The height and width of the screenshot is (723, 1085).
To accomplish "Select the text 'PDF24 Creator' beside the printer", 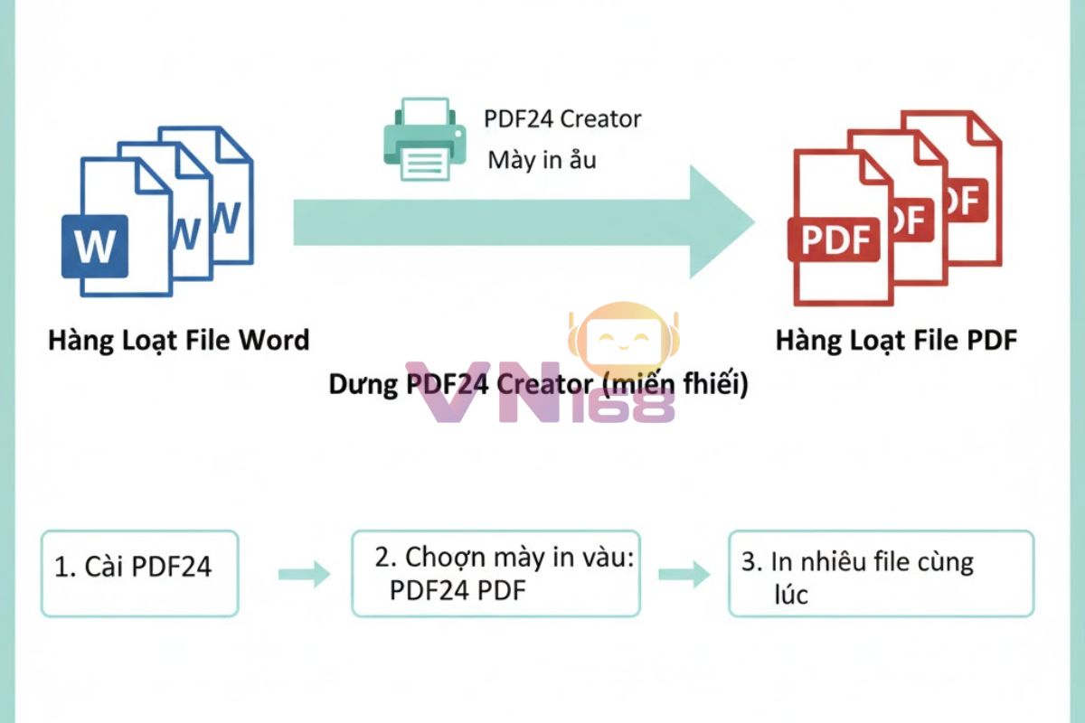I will tap(562, 118).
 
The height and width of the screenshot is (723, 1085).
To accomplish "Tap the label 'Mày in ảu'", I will tap(542, 160).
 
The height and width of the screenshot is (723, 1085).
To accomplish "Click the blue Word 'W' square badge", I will tap(94, 246).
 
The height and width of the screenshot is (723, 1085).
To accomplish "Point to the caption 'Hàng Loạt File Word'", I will tap(178, 341).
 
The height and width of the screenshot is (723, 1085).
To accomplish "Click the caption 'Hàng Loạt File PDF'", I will tap(896, 341).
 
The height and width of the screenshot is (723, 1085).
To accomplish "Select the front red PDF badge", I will tap(834, 239).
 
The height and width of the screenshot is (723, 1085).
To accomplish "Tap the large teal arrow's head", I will tap(719, 221).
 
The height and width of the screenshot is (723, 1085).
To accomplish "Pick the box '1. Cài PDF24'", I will tap(139, 573).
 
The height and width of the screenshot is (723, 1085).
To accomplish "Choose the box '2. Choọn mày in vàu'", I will tap(495, 573).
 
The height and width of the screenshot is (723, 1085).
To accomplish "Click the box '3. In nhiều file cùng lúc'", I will tap(881, 573).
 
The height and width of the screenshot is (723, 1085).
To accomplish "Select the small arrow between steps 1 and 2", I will tap(303, 574).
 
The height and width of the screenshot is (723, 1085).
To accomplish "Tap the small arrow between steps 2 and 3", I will tap(684, 574).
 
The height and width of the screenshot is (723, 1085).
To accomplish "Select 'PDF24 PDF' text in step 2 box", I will tap(458, 589).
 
